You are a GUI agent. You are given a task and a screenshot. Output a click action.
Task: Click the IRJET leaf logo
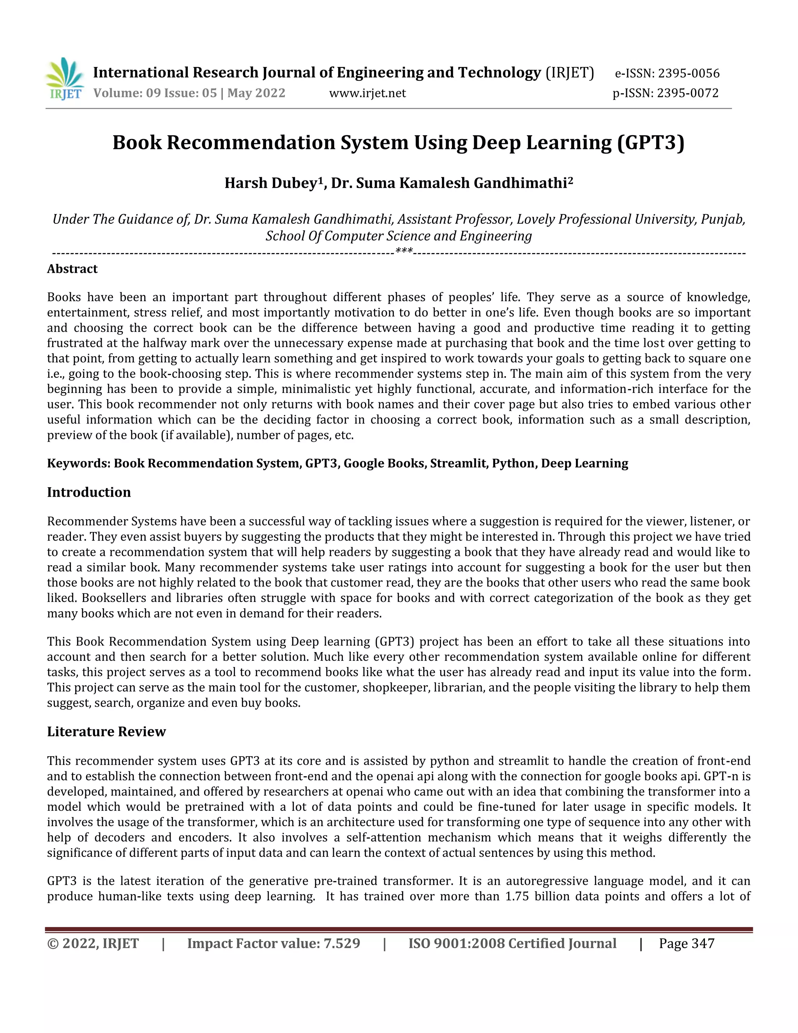click(65, 78)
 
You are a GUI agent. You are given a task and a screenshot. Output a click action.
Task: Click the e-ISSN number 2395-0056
click(689, 73)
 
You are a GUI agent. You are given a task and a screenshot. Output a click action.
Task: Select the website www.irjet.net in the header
click(367, 93)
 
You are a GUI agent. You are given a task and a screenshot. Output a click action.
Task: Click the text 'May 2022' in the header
click(256, 93)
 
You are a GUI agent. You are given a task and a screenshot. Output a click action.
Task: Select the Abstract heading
click(72, 269)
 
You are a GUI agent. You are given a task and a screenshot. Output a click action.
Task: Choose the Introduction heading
click(89, 492)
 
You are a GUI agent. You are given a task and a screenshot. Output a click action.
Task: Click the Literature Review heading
click(106, 731)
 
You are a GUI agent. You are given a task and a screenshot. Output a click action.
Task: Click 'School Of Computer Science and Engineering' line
click(399, 236)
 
